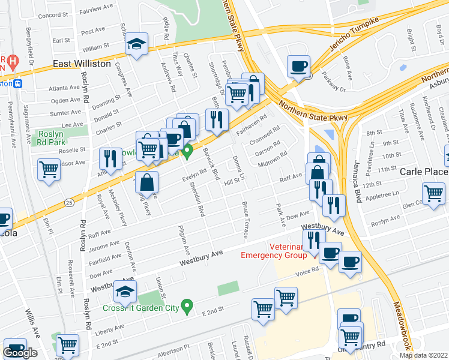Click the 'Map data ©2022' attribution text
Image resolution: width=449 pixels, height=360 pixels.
point(423,355)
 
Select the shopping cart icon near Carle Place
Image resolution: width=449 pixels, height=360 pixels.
point(433,193)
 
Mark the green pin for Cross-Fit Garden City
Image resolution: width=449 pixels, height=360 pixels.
point(187,308)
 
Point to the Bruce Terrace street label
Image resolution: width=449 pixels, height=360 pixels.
point(246,221)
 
